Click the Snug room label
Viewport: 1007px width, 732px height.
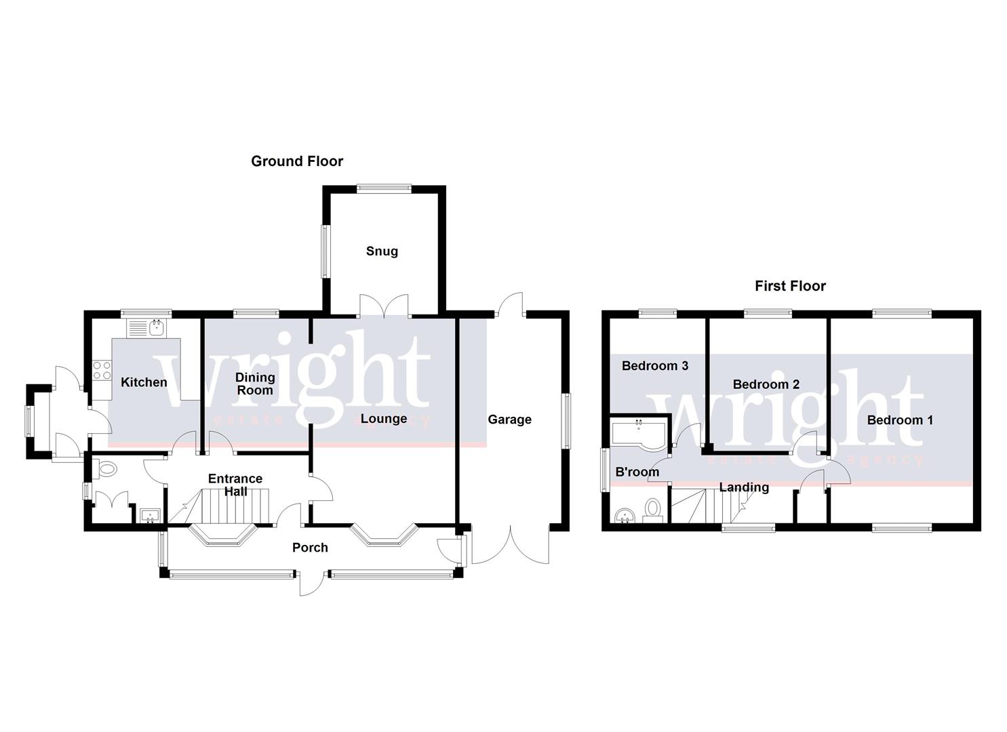pyautogui.click(x=382, y=251)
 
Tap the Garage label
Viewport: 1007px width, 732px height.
pyautogui.click(x=509, y=420)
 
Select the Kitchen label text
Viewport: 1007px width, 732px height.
pyautogui.click(x=144, y=382)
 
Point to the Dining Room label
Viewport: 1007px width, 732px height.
pyautogui.click(x=255, y=384)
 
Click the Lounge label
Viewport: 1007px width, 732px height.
pyautogui.click(x=384, y=419)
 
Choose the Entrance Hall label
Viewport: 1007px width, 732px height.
pyautogui.click(x=235, y=485)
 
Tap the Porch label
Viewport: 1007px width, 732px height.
pyautogui.click(x=310, y=548)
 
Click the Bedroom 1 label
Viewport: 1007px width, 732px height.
pyautogui.click(x=900, y=420)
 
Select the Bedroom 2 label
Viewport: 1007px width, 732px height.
pyautogui.click(x=766, y=384)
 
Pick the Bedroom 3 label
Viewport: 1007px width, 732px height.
pyautogui.click(x=655, y=366)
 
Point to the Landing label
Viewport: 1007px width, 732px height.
pyautogui.click(x=744, y=487)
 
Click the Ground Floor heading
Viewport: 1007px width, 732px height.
pyautogui.click(x=297, y=161)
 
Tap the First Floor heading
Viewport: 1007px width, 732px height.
pyautogui.click(x=790, y=286)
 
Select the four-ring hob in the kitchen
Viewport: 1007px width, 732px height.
pyautogui.click(x=102, y=370)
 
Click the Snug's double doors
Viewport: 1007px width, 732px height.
pyautogui.click(x=384, y=306)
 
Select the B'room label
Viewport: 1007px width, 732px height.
pyautogui.click(x=637, y=472)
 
